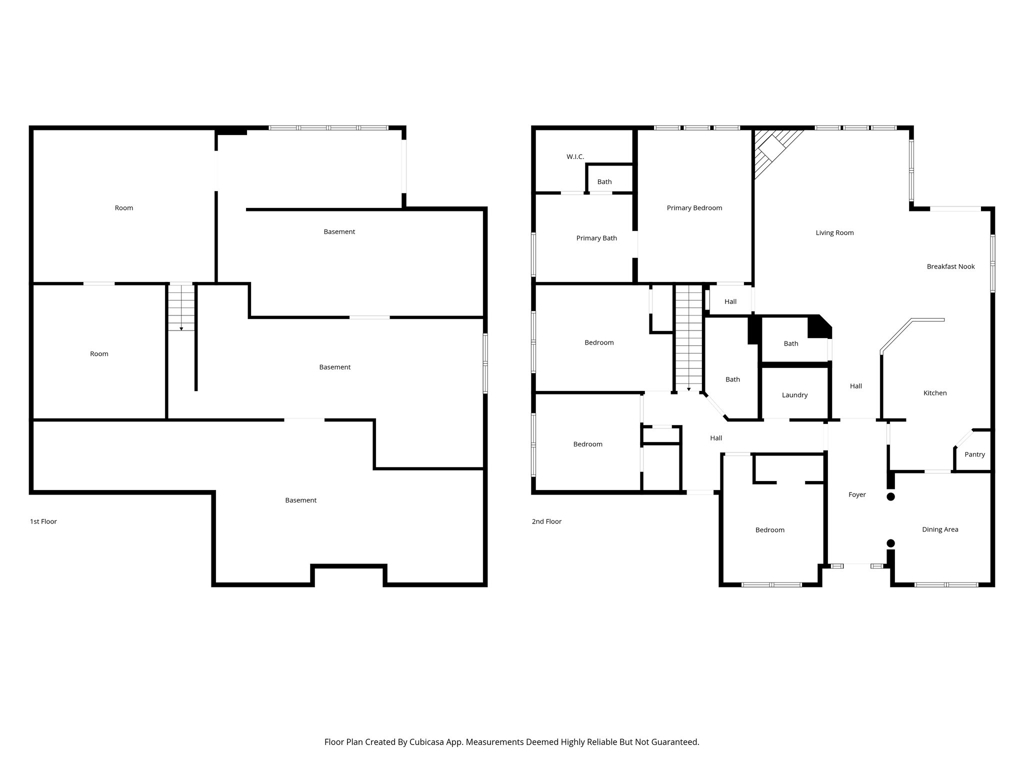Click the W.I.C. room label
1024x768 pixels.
(x=575, y=156)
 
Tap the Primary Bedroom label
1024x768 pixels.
(x=694, y=208)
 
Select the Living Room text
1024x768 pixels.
(x=834, y=232)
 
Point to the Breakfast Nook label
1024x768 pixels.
(x=950, y=266)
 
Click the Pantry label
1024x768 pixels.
(x=974, y=454)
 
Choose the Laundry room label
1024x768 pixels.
(x=794, y=395)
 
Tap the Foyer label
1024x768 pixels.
(x=857, y=494)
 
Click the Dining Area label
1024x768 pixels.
(x=940, y=529)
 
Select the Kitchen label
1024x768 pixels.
(x=934, y=393)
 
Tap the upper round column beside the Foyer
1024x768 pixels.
(x=890, y=496)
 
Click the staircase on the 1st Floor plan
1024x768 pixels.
(x=181, y=307)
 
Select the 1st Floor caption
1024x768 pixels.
(x=43, y=521)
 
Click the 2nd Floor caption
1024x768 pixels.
(x=546, y=521)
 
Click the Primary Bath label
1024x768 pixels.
(x=596, y=238)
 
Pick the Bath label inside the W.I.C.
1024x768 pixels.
(x=604, y=182)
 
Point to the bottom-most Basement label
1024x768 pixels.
(x=300, y=500)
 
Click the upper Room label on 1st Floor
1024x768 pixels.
(x=123, y=208)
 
